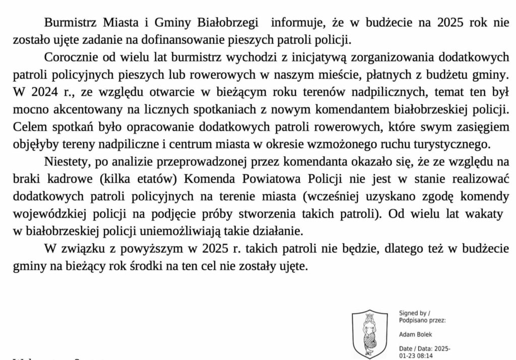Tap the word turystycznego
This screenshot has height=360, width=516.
436,144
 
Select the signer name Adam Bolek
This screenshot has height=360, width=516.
415,334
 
